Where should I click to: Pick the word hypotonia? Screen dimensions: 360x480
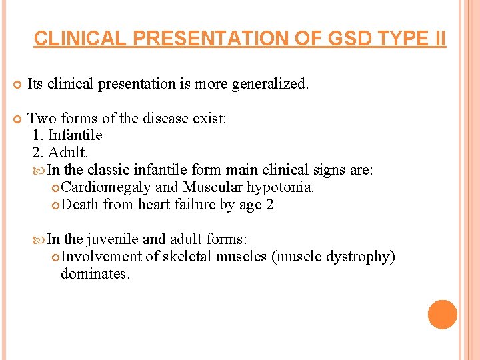click(x=280, y=187)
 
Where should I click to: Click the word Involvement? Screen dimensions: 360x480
click(x=101, y=257)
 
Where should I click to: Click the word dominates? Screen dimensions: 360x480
click(x=95, y=273)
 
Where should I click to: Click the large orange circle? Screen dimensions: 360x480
click(x=443, y=315)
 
